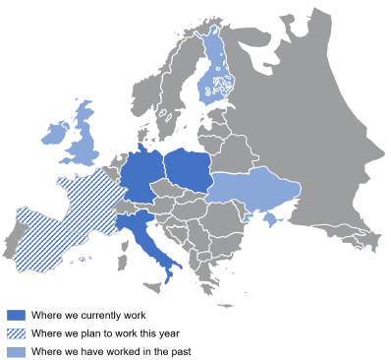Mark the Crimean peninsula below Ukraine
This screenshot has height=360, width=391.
click(x=268, y=218)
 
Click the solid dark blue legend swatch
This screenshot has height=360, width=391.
click(x=16, y=316)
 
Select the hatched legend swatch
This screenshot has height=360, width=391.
click(x=16, y=333)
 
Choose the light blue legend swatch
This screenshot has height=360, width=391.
click(x=16, y=351)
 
